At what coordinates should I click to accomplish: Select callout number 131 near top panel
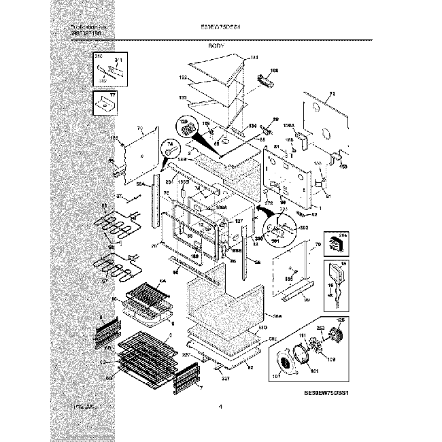pos(256,57)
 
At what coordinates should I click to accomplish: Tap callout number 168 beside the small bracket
pos(275,71)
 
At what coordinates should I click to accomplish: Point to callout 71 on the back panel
pos(333,95)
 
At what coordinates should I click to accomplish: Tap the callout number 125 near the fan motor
pos(341,320)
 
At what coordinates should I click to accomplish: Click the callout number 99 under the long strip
pos(307,300)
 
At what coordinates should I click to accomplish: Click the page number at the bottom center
pos(220,407)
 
